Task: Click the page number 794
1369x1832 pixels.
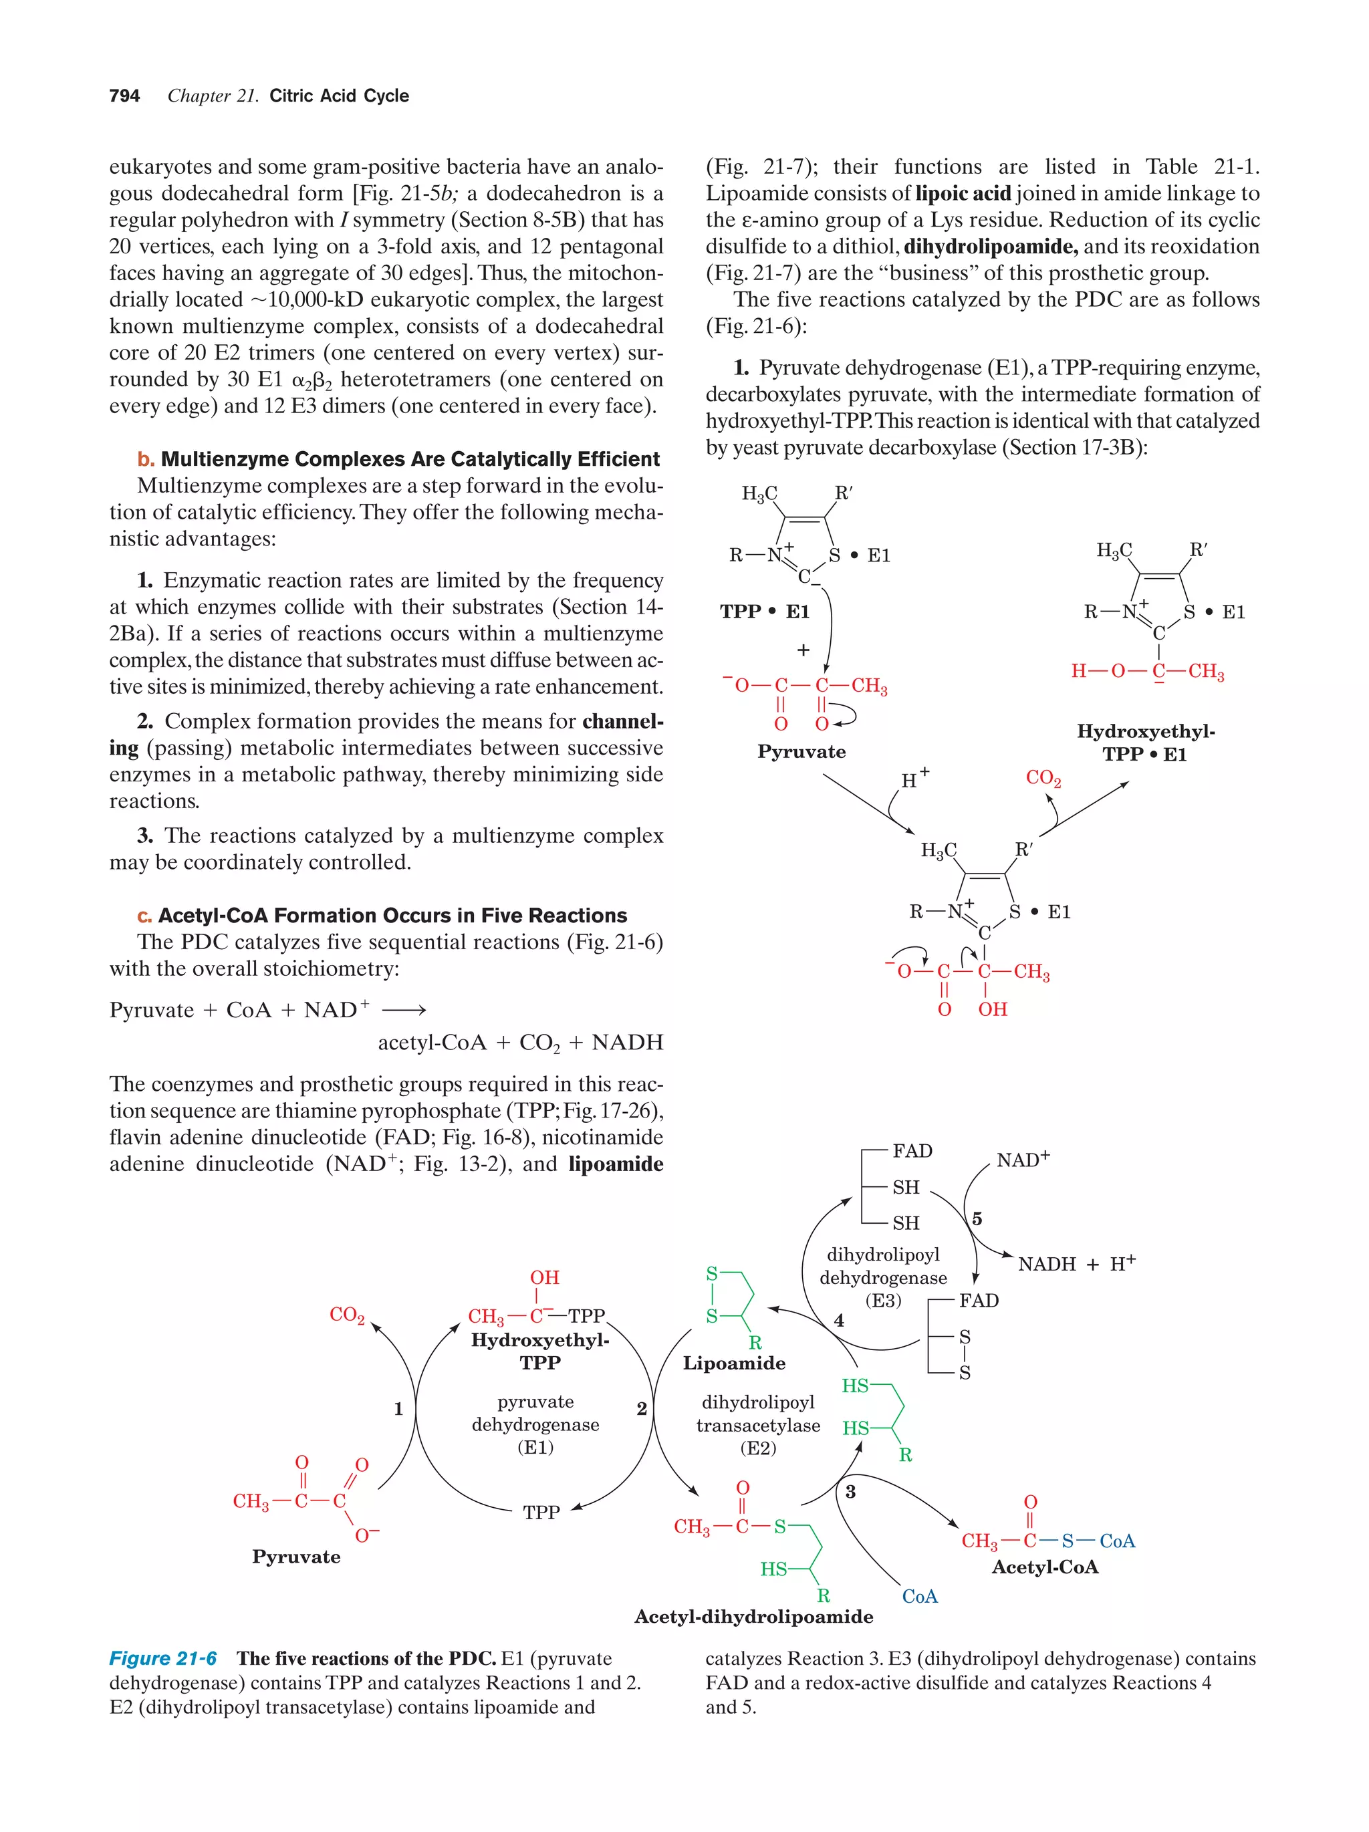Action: (x=124, y=96)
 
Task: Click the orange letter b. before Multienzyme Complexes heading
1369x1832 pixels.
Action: (x=146, y=460)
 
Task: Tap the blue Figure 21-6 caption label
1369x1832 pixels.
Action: (x=163, y=1658)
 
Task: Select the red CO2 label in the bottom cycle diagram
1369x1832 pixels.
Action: (x=347, y=1315)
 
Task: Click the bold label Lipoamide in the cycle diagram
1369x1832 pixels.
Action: (x=734, y=1362)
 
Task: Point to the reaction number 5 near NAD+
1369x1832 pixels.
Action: (x=977, y=1218)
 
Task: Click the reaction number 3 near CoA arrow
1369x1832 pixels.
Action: (x=850, y=1492)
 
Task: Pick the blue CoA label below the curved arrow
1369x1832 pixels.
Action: (x=920, y=1596)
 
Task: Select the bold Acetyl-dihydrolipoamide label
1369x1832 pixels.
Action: (x=753, y=1617)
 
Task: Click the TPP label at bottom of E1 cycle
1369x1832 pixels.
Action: (x=541, y=1513)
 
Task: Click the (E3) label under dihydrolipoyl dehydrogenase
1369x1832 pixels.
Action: (x=883, y=1300)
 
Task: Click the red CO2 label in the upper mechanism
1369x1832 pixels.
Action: (x=1043, y=778)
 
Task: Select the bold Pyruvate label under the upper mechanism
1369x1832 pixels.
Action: (x=801, y=752)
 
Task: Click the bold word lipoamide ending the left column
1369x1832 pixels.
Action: (x=616, y=1164)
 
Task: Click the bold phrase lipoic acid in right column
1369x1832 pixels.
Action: (x=963, y=194)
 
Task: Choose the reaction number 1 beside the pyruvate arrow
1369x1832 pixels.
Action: (x=398, y=1408)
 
